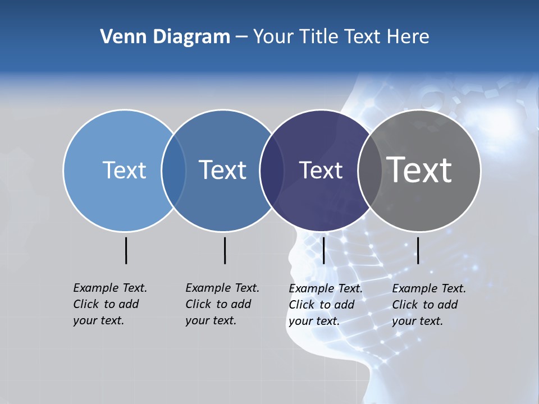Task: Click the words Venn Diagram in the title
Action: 165,37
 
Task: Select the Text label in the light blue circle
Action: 124,170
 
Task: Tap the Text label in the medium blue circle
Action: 223,170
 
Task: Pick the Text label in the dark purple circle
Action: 321,170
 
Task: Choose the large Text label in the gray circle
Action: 419,170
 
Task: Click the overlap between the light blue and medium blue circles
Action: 173,170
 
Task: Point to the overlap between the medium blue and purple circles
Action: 272,170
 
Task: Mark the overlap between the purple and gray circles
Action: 370,170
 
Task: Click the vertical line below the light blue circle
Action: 126,250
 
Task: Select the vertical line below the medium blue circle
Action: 225,250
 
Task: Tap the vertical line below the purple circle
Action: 323,250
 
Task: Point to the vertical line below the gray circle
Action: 418,250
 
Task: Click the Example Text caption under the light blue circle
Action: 110,304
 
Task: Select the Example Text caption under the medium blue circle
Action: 222,304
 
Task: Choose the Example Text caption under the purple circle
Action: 326,305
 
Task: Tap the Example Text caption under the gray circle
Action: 429,305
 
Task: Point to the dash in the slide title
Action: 241,37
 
